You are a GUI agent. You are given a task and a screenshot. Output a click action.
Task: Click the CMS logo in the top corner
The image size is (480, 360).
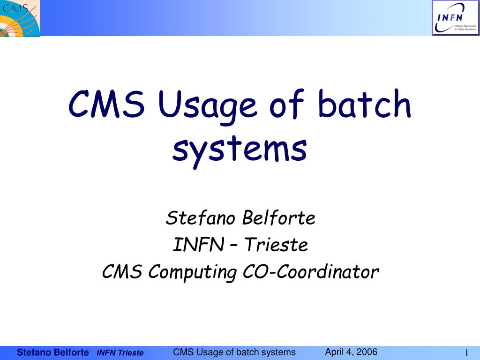coord(20,18)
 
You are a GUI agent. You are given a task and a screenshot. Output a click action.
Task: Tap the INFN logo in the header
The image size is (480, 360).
coord(456,18)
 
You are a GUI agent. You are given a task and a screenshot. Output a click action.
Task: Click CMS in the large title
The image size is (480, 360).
coord(106,104)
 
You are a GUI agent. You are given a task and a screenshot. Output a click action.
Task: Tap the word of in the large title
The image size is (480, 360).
coord(287,104)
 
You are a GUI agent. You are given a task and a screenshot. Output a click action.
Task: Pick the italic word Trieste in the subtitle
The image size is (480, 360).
coord(276,245)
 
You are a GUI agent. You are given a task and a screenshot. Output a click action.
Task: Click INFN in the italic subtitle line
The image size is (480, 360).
coord(198,245)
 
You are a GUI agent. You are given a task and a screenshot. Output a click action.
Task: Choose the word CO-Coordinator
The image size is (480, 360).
coord(311,271)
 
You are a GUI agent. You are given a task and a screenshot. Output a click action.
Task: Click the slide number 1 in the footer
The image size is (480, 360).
coord(466,352)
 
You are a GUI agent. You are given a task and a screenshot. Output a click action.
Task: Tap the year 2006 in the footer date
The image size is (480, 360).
coord(367,352)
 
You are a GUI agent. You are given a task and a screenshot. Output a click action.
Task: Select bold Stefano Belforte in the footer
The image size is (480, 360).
coord(53,352)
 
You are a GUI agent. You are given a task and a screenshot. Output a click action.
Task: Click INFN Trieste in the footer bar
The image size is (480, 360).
coord(120,353)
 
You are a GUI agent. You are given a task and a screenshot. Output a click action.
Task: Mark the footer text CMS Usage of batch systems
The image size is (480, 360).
coord(234,352)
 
